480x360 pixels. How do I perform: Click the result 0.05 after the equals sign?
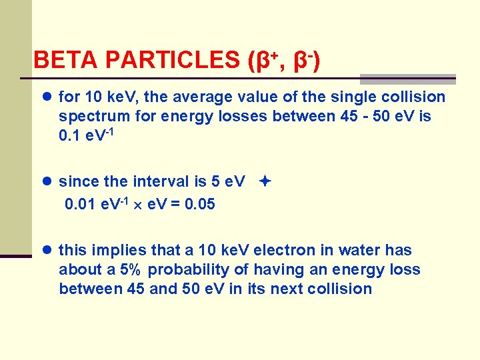[x=199, y=204]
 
